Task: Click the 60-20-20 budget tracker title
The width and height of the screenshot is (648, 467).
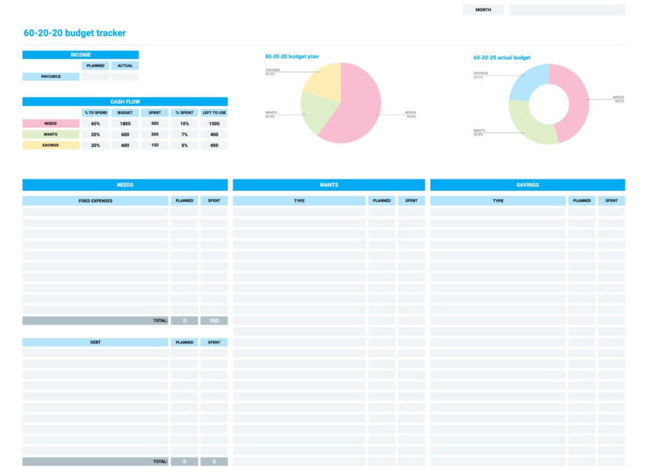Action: (75, 33)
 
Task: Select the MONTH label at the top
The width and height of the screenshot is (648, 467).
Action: (483, 10)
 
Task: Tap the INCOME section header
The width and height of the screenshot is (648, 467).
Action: (80, 55)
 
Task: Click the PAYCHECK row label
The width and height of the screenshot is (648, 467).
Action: (51, 77)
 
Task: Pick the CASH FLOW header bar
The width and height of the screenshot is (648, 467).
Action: (125, 101)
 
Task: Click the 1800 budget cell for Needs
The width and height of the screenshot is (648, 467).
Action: (125, 124)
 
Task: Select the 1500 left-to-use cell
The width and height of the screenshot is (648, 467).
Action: (214, 124)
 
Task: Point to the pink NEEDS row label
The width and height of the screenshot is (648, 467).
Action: (51, 124)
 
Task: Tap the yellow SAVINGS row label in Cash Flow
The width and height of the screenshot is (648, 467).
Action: (51, 145)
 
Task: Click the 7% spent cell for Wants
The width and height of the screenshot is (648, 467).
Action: (184, 134)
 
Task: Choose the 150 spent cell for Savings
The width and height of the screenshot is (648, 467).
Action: (155, 145)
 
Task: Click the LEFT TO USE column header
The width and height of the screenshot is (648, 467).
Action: (214, 113)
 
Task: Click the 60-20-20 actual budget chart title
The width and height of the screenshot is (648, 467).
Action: (502, 58)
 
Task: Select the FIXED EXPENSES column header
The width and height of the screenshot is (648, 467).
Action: (96, 201)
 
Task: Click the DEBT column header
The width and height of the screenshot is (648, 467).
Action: (96, 342)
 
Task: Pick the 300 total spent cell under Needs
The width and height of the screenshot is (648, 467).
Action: (214, 321)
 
